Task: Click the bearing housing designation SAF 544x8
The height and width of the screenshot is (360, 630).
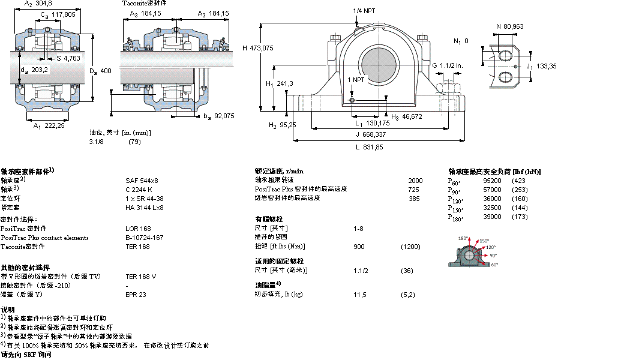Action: (x=142, y=180)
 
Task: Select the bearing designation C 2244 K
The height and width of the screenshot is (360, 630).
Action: (x=139, y=189)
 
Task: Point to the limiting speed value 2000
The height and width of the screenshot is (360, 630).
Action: (x=415, y=180)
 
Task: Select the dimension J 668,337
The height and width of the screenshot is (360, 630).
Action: (x=367, y=134)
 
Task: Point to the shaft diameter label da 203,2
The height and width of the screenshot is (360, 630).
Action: (x=34, y=70)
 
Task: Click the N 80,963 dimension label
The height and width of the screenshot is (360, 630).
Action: (x=509, y=26)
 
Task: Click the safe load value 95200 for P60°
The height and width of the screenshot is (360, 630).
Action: (x=492, y=181)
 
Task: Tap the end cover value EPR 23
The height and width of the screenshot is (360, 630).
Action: (x=136, y=295)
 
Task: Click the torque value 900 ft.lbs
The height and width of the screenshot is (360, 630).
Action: (x=359, y=247)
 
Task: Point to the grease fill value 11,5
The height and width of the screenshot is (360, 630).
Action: (x=360, y=295)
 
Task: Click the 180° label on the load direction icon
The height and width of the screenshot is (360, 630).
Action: (x=463, y=238)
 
